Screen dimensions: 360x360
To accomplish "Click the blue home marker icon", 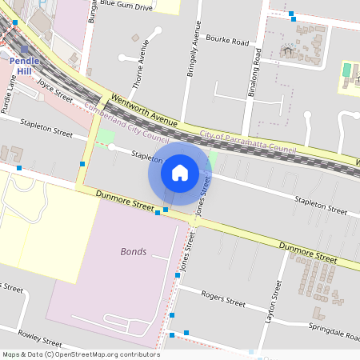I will coord(180,172).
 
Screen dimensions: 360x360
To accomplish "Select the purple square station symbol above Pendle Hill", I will coord(25,50).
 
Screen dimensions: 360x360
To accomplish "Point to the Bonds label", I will coord(133,251).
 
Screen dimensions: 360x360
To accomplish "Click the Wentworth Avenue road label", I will coord(144,110).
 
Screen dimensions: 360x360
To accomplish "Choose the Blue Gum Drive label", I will coord(124,6).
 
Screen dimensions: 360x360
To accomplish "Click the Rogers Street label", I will coord(223,298).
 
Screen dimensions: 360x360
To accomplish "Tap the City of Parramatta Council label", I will coord(248,143).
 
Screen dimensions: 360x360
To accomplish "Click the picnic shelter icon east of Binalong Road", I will coord(287,52).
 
